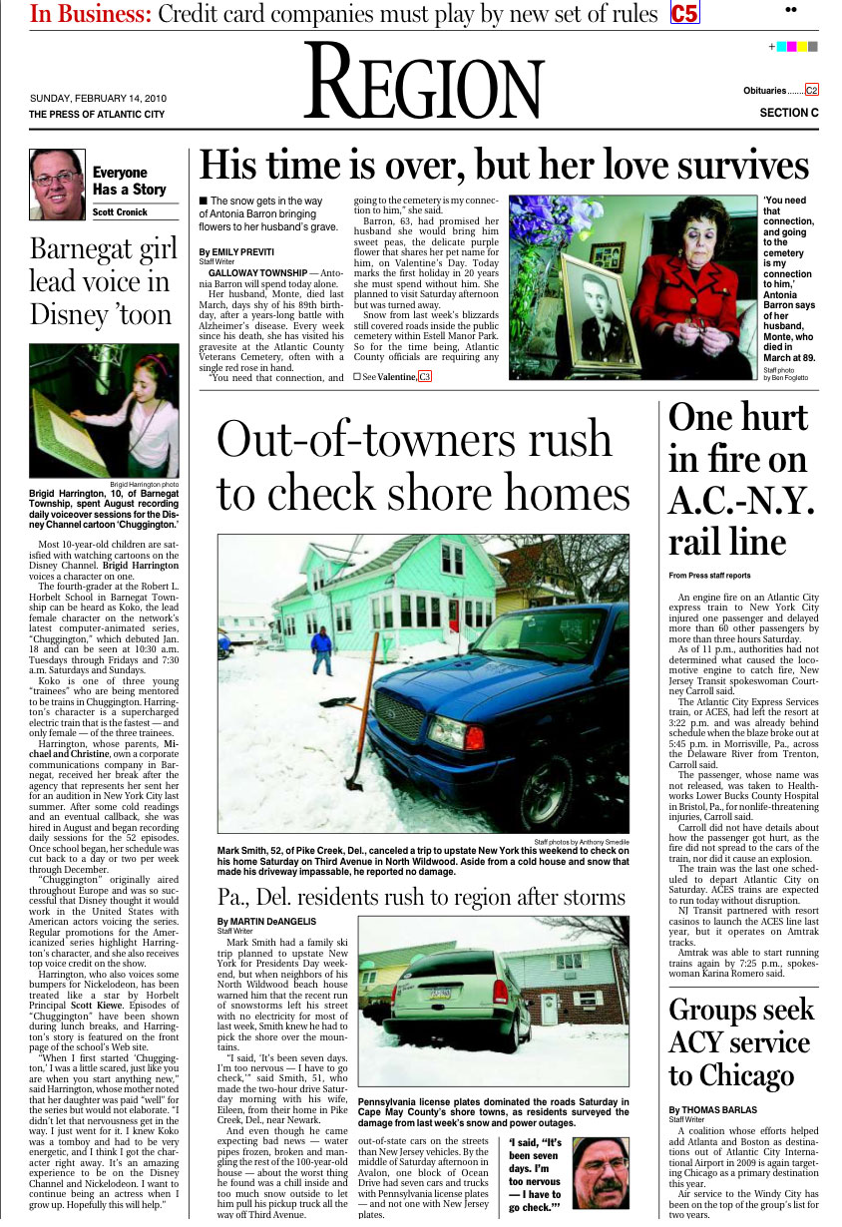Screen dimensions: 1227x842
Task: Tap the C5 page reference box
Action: (x=684, y=13)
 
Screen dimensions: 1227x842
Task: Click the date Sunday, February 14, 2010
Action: (x=98, y=99)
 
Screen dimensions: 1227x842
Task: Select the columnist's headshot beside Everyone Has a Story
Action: (x=57, y=184)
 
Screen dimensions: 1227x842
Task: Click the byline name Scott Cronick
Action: (x=120, y=212)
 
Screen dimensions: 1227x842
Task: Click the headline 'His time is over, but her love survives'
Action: (x=504, y=165)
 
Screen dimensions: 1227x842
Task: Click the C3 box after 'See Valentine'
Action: (x=425, y=376)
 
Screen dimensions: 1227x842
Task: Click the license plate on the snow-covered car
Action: (x=439, y=994)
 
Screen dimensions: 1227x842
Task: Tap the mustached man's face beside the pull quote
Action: (x=601, y=1175)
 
